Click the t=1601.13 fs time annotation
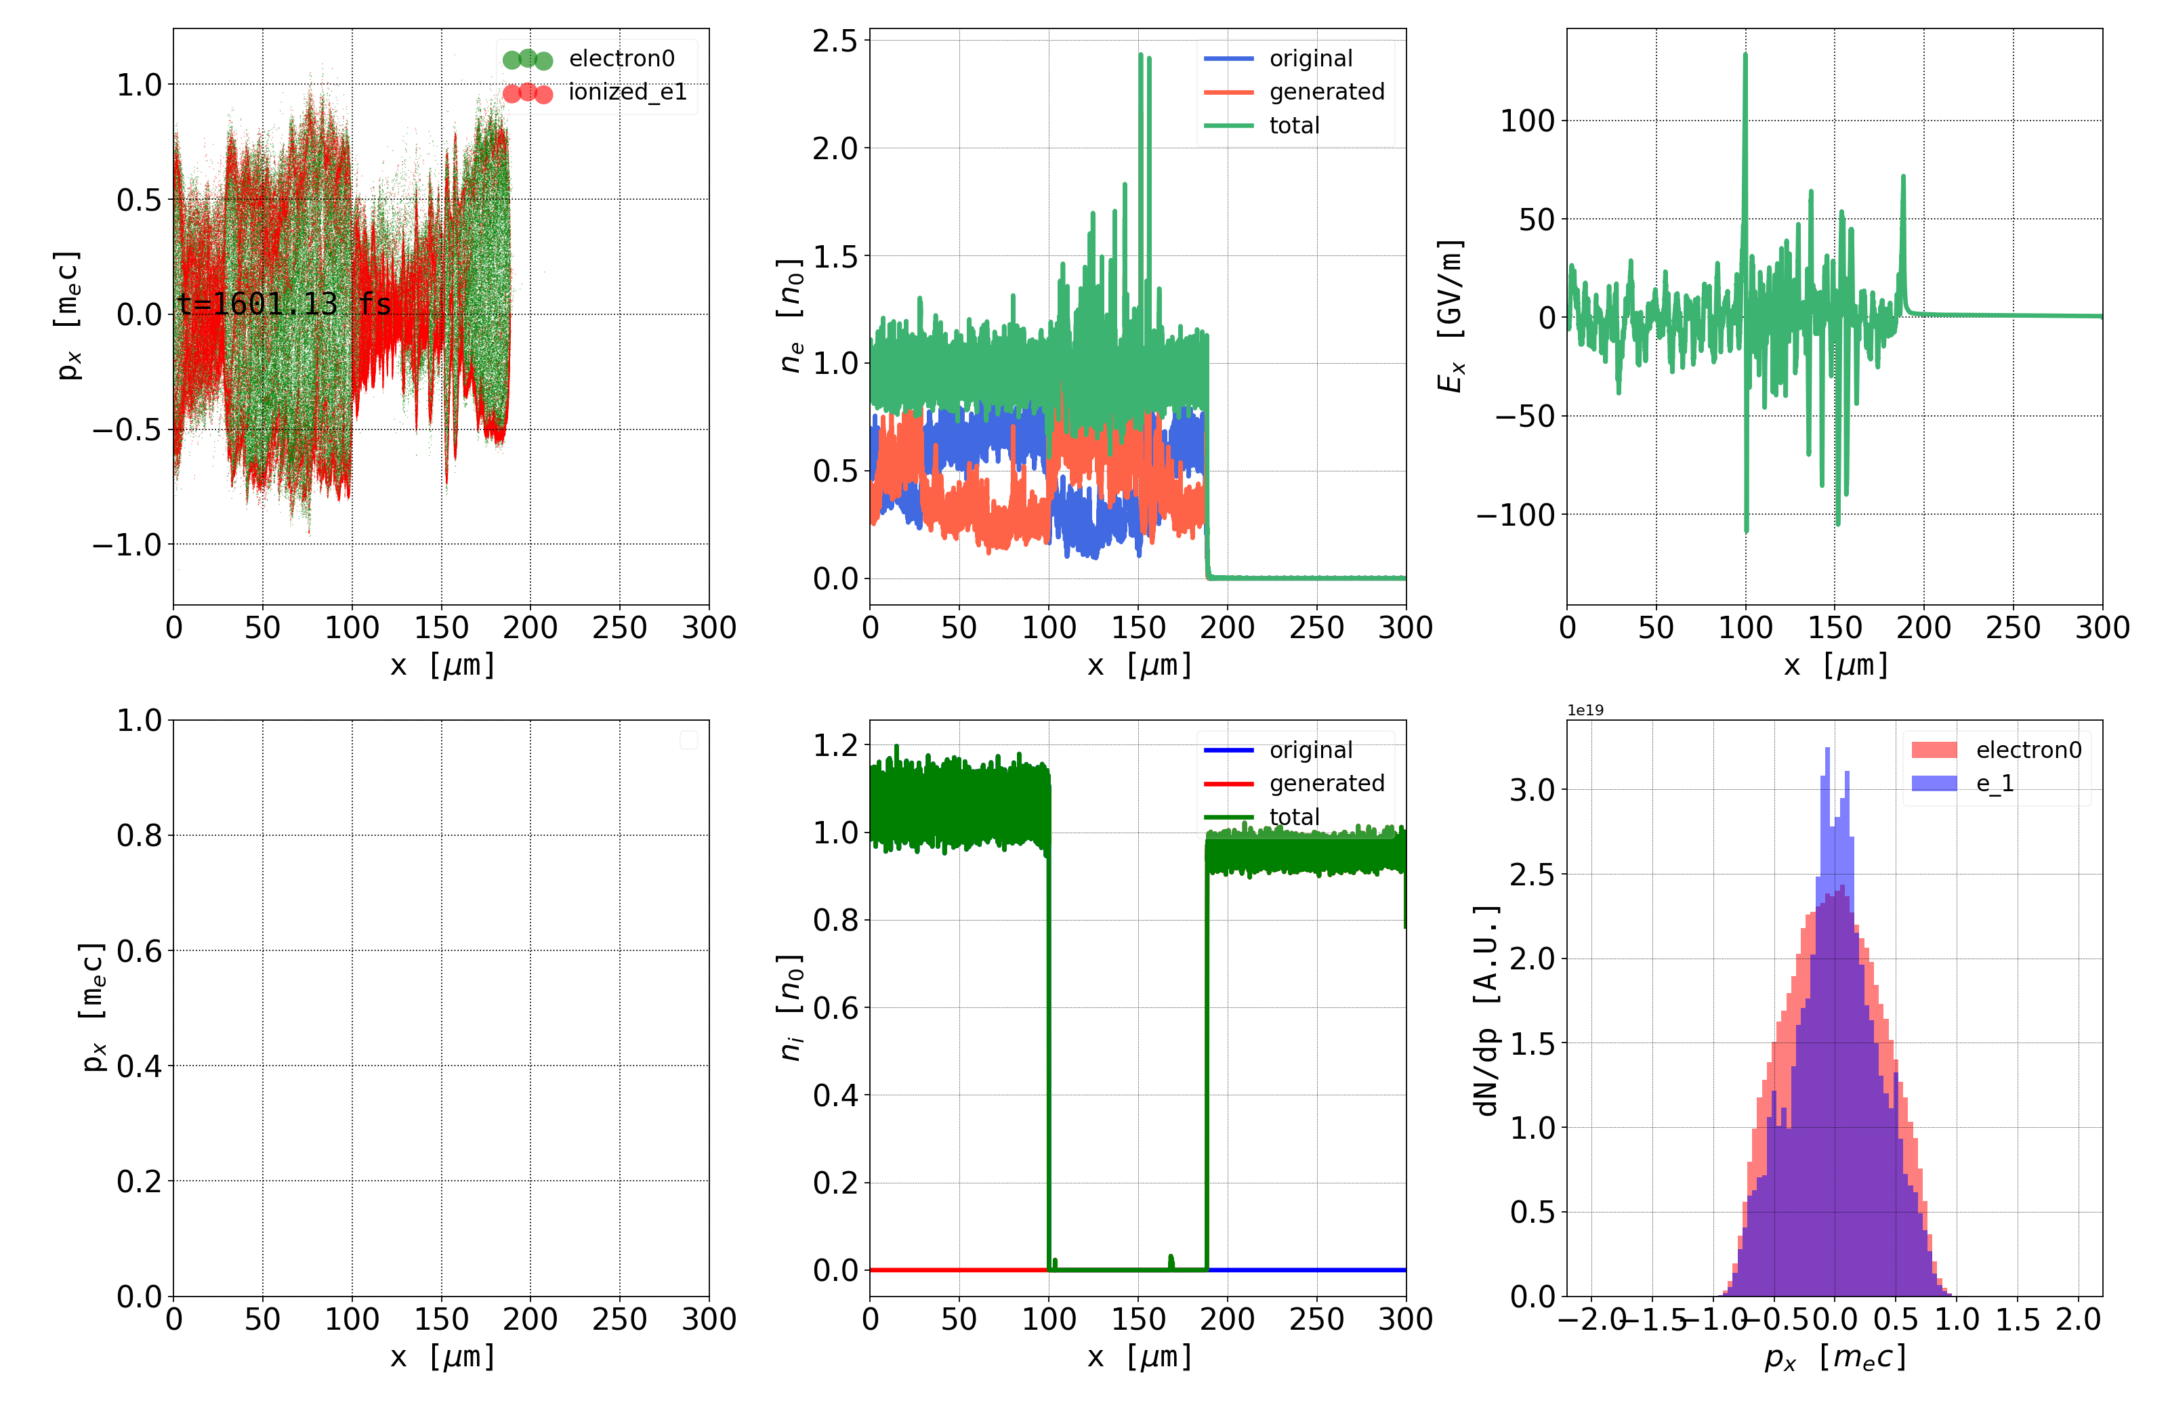pos(284,303)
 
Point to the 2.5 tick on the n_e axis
pos(835,41)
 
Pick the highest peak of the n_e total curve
pos(1140,56)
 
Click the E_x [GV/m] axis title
pos(1451,316)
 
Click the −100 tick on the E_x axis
pos(1516,515)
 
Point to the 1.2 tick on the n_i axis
pos(835,746)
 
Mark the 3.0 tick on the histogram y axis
pos(1533,790)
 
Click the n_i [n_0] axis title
pos(791,1007)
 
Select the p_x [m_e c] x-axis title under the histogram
pos(1835,1357)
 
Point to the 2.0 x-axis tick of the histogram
pos(2078,1320)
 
